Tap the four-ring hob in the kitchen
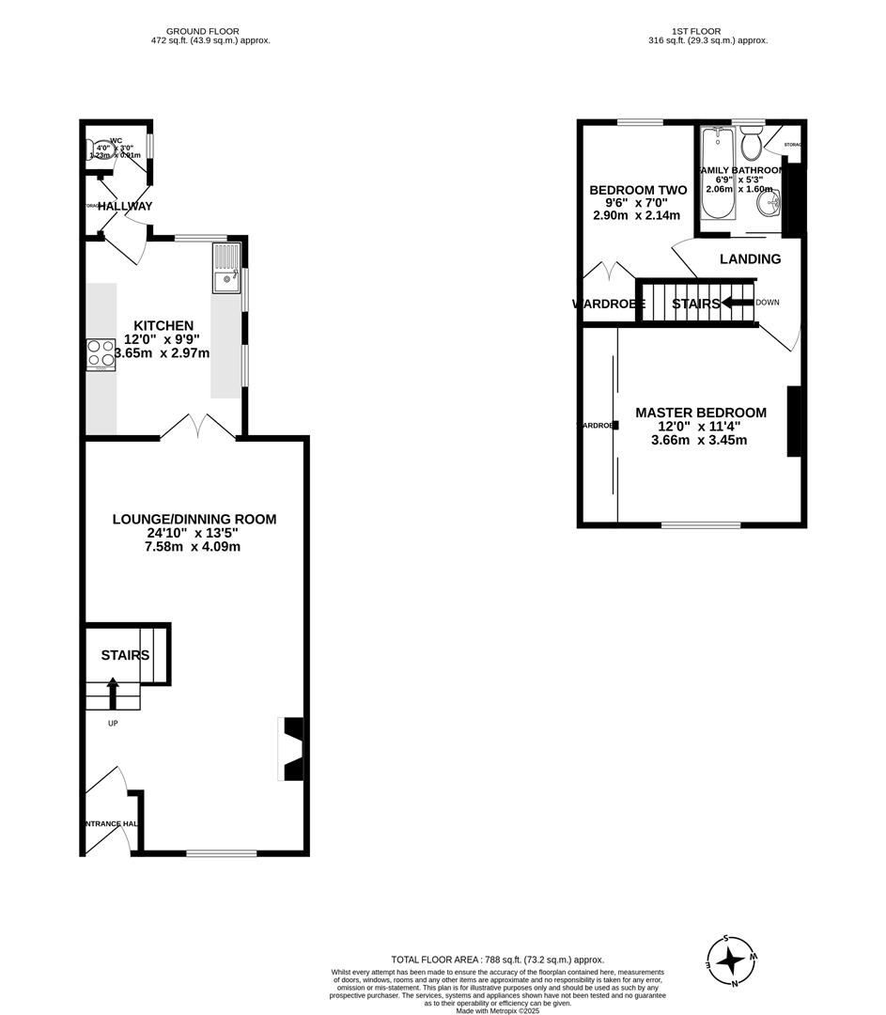coord(101,355)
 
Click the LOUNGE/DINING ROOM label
coord(194,519)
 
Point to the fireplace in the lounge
coord(291,749)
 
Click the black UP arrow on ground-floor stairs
coord(113,693)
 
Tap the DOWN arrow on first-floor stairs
coord(738,303)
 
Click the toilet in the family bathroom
coord(750,145)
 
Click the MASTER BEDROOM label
coord(701,413)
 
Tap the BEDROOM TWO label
coord(638,190)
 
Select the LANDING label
coord(750,258)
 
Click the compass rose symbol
coord(731,960)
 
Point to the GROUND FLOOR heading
coord(210,31)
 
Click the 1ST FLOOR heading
coord(697,31)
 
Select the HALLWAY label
coord(125,206)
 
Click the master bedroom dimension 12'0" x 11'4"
coord(700,426)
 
